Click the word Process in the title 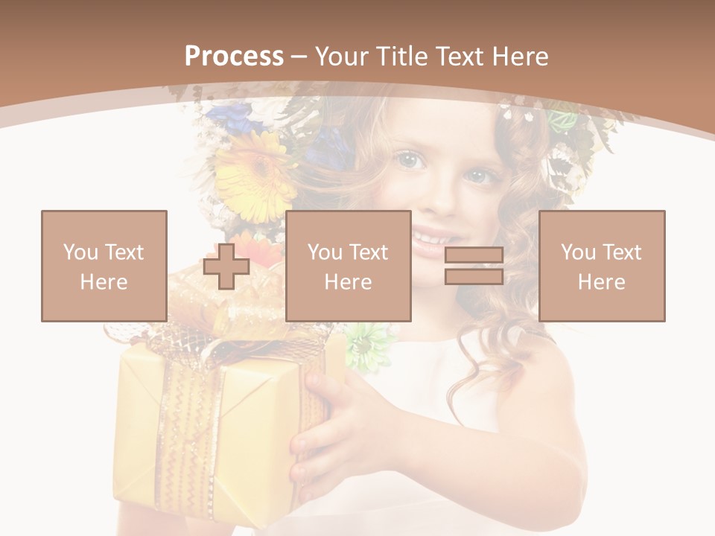[x=234, y=57]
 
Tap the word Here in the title [x=520, y=57]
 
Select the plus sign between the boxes [x=226, y=267]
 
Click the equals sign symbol [x=474, y=266]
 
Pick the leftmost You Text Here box [x=104, y=266]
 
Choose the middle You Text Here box [x=348, y=266]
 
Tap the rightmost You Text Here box [x=602, y=266]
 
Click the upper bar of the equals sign [x=474, y=255]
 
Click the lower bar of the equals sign [x=474, y=276]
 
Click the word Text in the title [x=461, y=57]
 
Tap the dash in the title [x=299, y=57]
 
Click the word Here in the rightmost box [x=602, y=282]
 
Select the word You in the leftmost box [x=80, y=252]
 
